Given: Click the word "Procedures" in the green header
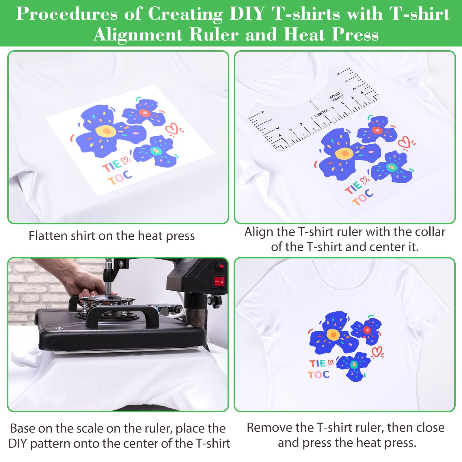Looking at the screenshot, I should pyautogui.click(x=67, y=14).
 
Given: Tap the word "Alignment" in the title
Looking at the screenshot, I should pyautogui.click(x=138, y=35).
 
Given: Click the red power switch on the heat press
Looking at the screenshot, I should pyautogui.click(x=219, y=281).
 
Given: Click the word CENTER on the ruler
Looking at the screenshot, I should pyautogui.click(x=321, y=113).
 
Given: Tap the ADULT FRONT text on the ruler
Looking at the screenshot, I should pyautogui.click(x=336, y=97).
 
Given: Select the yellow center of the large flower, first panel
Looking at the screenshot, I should pyautogui.click(x=106, y=131).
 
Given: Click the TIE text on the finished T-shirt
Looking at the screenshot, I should pyautogui.click(x=317, y=363).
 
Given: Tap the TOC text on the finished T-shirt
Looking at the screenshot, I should pyautogui.click(x=318, y=375).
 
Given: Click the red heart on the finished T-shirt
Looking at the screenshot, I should pyautogui.click(x=377, y=352).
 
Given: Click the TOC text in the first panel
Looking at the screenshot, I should pyautogui.click(x=120, y=178).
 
